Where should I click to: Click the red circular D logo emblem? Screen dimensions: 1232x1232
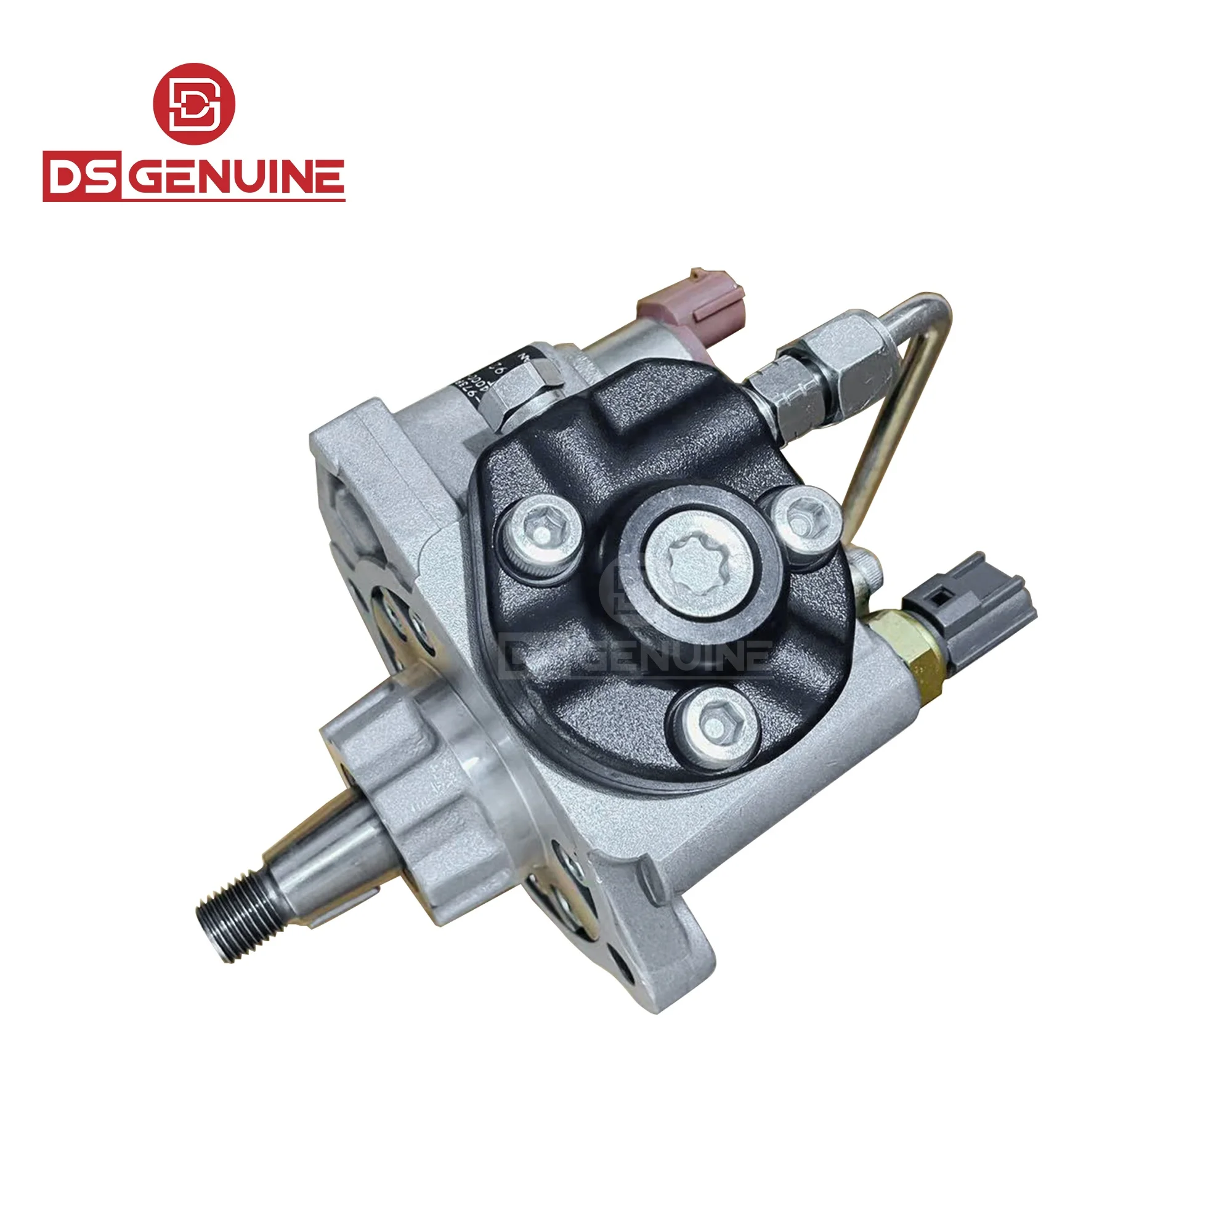194,103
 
